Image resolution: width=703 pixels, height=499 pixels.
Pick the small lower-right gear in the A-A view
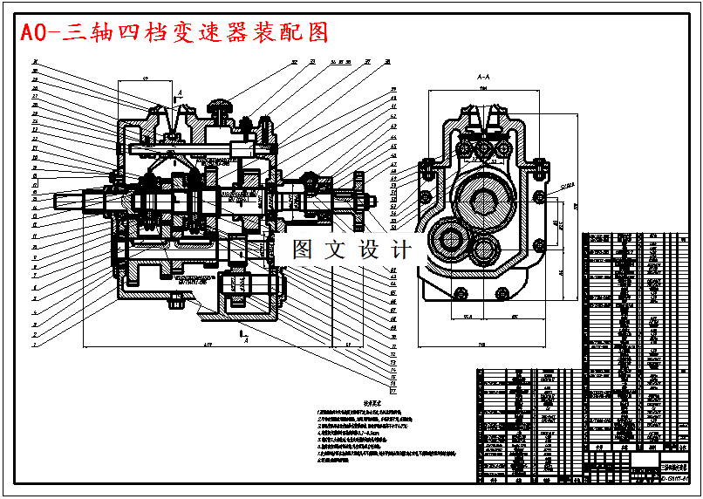tap(486, 252)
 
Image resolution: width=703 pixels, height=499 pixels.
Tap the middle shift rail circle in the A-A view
tap(482, 151)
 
